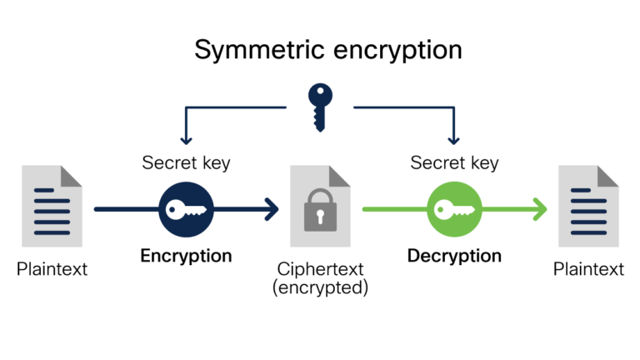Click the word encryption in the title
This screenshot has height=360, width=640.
click(400, 50)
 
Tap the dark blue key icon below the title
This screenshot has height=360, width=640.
click(319, 106)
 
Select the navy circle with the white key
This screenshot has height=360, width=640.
click(186, 209)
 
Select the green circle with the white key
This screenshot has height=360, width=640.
click(455, 209)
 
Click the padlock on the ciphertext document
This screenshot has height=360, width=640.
click(320, 209)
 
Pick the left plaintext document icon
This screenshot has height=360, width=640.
click(52, 206)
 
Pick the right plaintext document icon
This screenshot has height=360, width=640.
click(588, 206)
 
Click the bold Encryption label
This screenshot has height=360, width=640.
click(186, 255)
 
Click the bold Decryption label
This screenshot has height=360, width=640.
click(454, 255)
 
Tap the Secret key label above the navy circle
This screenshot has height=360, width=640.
click(186, 162)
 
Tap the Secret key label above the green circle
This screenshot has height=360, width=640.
click(454, 162)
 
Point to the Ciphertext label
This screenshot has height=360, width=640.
click(320, 269)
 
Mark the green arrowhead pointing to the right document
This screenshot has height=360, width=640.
click(540, 209)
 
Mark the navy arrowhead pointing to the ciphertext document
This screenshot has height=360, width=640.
click(271, 209)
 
